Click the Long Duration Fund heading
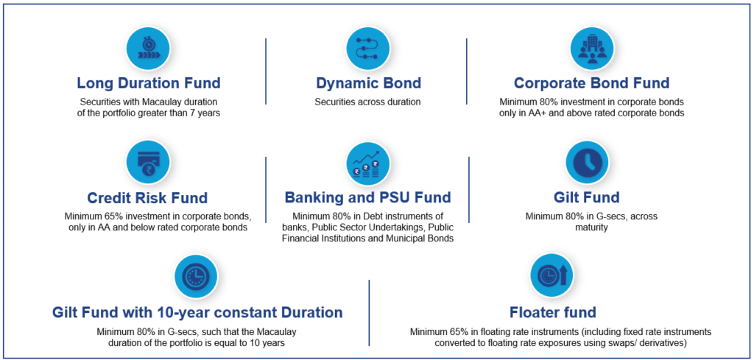click(x=149, y=83)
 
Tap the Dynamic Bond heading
click(x=368, y=83)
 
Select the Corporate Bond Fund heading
click(x=591, y=83)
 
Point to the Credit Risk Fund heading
click(x=147, y=197)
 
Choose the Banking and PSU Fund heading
click(x=368, y=197)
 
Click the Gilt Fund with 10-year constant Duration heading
click(x=197, y=312)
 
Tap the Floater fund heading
click(x=553, y=312)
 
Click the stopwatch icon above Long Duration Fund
click(x=149, y=47)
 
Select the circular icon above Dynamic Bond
click(x=368, y=47)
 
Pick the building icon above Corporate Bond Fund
click(x=592, y=47)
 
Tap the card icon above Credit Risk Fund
click(x=147, y=163)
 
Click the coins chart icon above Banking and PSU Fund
click(x=368, y=163)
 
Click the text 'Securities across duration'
click(x=368, y=102)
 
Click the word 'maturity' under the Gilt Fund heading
click(x=591, y=227)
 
